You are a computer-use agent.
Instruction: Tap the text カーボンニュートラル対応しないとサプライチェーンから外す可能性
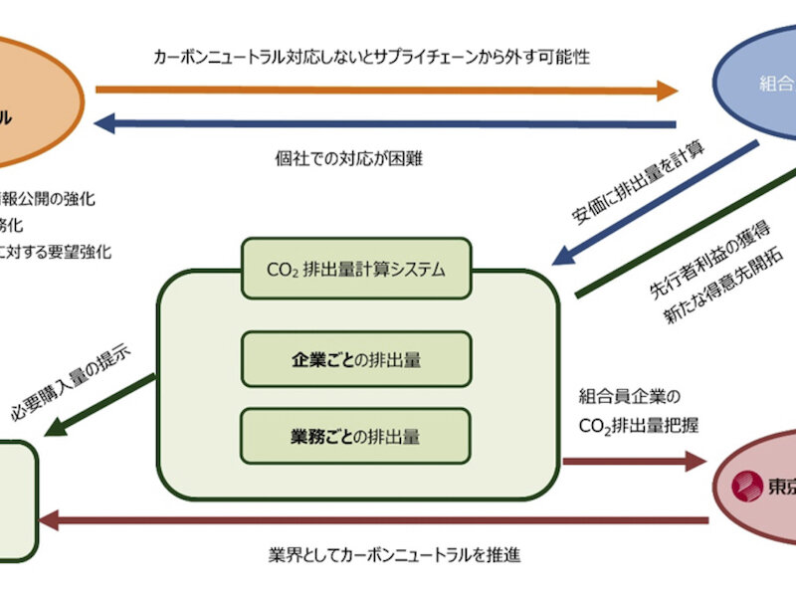(372, 57)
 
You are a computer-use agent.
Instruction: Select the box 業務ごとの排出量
(356, 434)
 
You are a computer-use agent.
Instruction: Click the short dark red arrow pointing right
(633, 462)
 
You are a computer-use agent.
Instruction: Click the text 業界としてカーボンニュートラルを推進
(394, 553)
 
